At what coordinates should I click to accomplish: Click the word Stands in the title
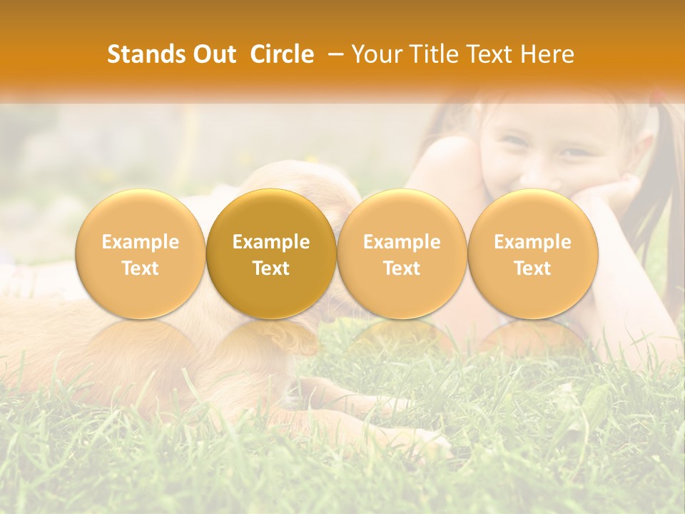pyautogui.click(x=142, y=54)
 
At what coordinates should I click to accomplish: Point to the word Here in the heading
pyautogui.click(x=548, y=54)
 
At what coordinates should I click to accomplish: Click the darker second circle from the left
pyautogui.click(x=271, y=253)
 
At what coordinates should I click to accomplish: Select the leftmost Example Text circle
pyautogui.click(x=140, y=253)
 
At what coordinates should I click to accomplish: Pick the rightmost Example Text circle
pyautogui.click(x=532, y=253)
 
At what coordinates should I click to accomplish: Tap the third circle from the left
pyautogui.click(x=402, y=253)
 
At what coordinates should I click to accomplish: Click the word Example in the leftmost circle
pyautogui.click(x=140, y=242)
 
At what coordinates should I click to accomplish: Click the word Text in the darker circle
pyautogui.click(x=271, y=268)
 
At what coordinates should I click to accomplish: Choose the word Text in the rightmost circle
pyautogui.click(x=532, y=268)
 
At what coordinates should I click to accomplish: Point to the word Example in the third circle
pyautogui.click(x=402, y=242)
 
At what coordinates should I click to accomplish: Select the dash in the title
pyautogui.click(x=333, y=54)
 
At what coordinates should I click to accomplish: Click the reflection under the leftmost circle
pyautogui.click(x=140, y=343)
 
